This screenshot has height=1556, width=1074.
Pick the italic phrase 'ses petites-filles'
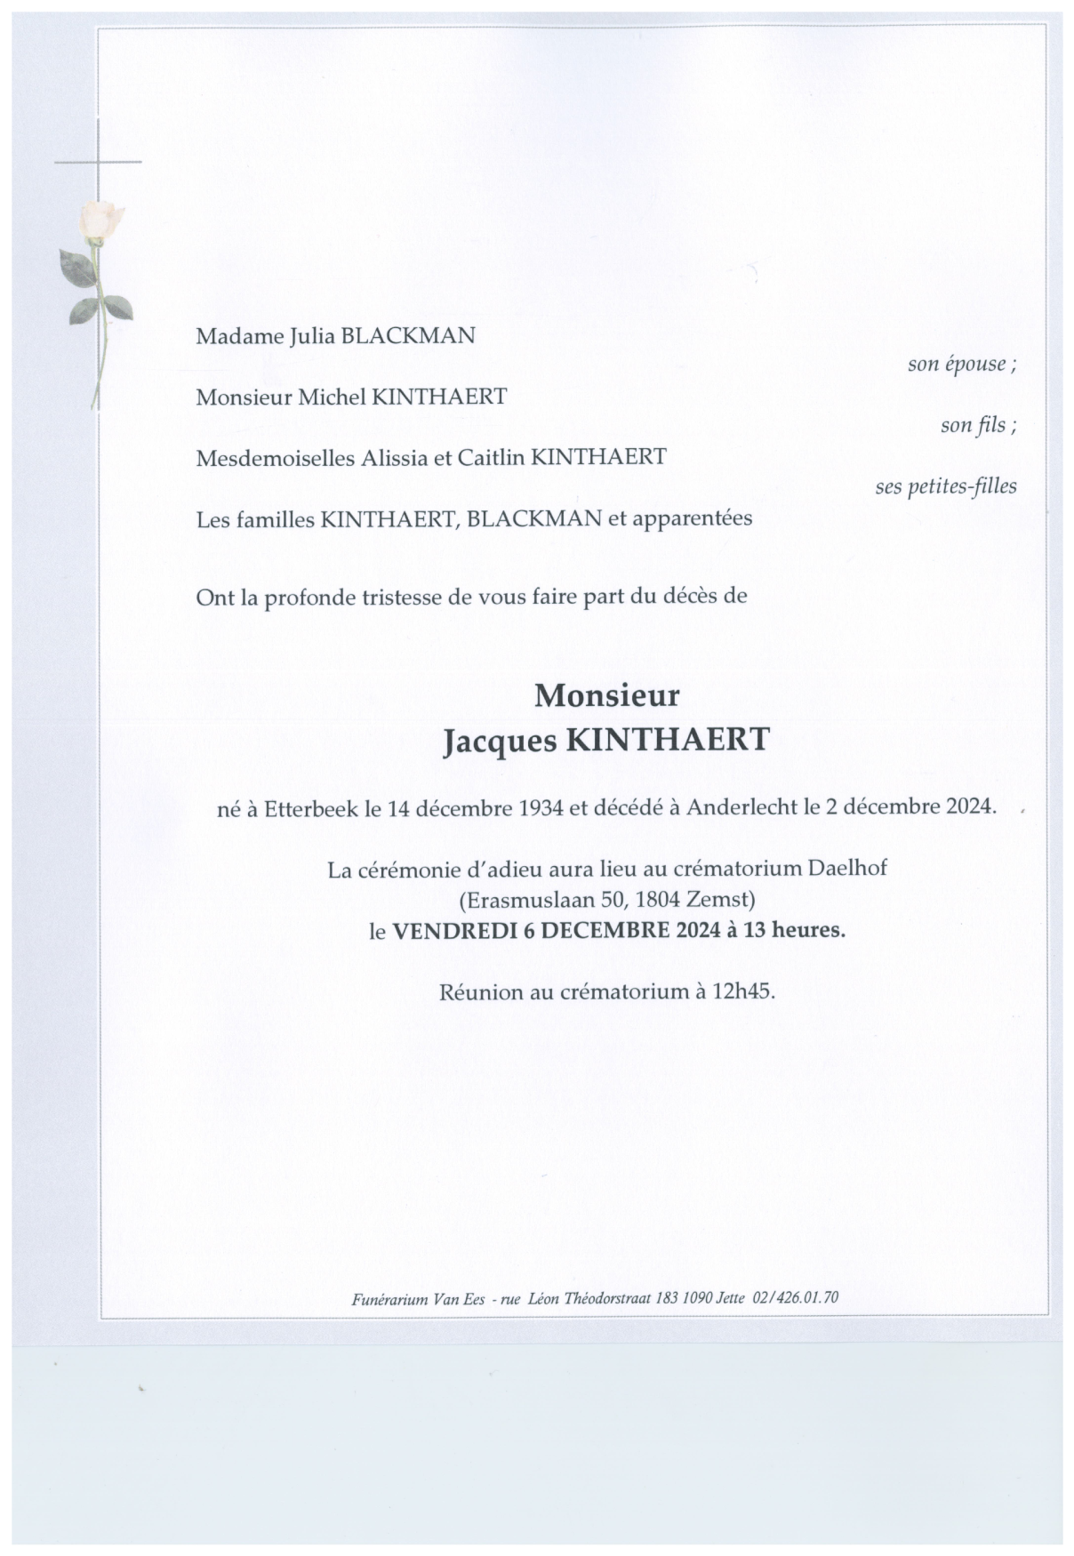945,486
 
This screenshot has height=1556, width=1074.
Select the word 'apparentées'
693,517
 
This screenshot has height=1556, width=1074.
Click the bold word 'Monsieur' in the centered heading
606,694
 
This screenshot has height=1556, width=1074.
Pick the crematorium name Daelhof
847,869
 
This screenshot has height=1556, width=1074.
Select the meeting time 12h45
742,991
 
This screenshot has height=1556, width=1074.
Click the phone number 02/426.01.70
795,1297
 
